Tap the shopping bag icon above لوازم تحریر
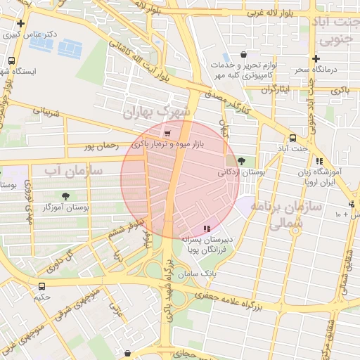click(x=243, y=54)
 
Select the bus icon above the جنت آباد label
click(x=292, y=138)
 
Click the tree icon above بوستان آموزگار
click(x=65, y=196)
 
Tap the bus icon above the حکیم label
click(x=42, y=286)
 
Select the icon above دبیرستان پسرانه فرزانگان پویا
click(x=206, y=229)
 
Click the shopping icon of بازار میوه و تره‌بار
click(x=167, y=134)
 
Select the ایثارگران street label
click(x=275, y=90)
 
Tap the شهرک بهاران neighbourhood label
click(x=156, y=112)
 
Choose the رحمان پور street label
click(x=99, y=146)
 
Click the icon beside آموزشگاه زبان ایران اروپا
click(x=319, y=161)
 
